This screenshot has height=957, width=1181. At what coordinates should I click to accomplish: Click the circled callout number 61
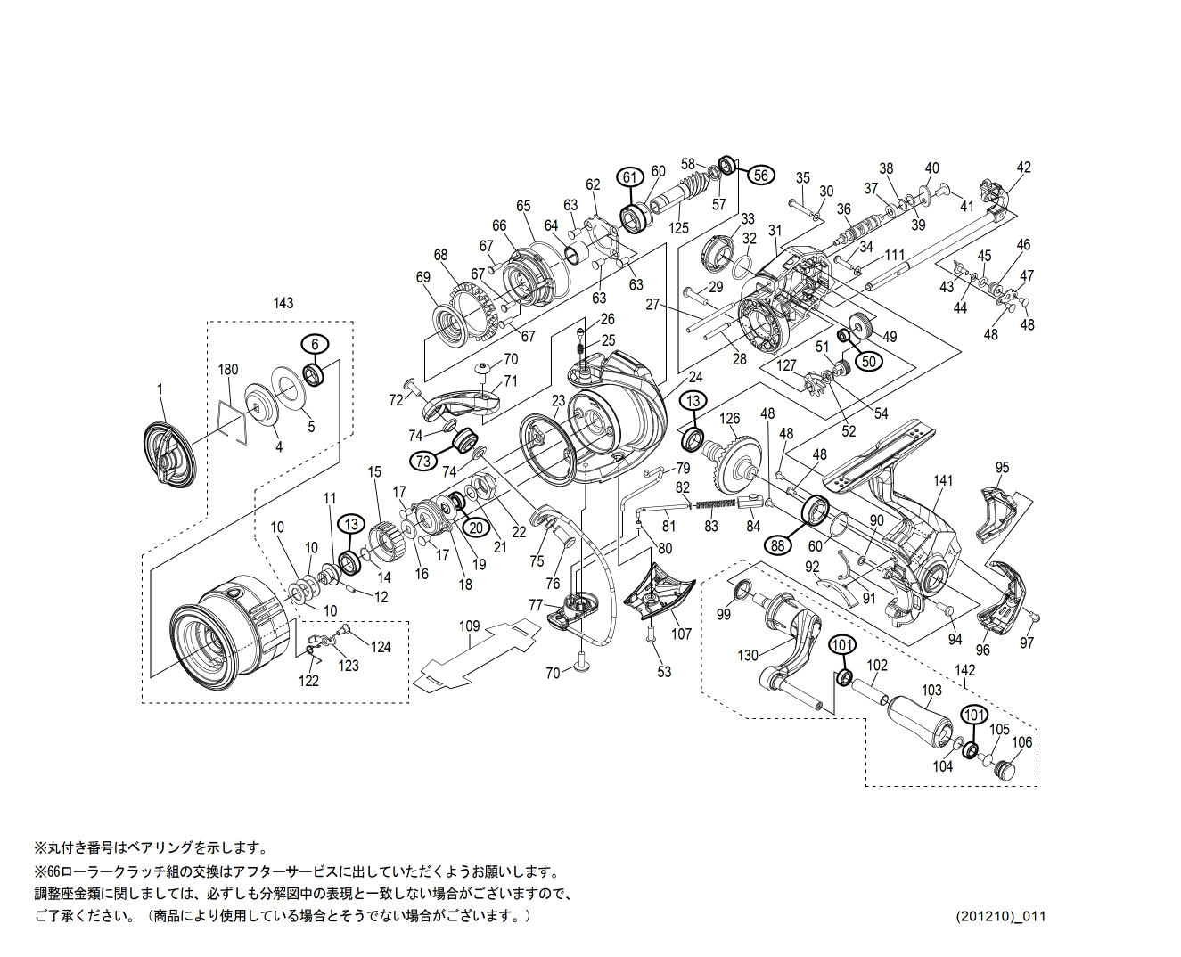click(630, 176)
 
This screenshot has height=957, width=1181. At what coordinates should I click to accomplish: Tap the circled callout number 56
click(760, 176)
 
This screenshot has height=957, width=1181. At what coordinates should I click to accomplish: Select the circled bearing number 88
click(778, 544)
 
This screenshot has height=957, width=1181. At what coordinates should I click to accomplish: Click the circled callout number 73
click(423, 460)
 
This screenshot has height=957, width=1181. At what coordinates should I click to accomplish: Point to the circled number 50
click(869, 361)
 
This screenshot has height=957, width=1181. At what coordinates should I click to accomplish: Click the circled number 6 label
click(315, 344)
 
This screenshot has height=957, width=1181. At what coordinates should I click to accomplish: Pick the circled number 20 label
click(476, 528)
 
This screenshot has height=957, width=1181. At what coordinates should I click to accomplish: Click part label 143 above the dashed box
click(283, 303)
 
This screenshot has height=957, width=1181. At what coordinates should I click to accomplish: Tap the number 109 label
click(469, 626)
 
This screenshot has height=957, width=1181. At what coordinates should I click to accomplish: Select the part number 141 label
click(943, 480)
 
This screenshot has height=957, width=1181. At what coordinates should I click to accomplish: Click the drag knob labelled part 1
click(169, 454)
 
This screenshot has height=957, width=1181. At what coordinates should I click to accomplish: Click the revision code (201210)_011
click(1001, 916)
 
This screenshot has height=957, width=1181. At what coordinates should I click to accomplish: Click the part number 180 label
click(228, 369)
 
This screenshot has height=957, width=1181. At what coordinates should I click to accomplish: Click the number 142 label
click(964, 670)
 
